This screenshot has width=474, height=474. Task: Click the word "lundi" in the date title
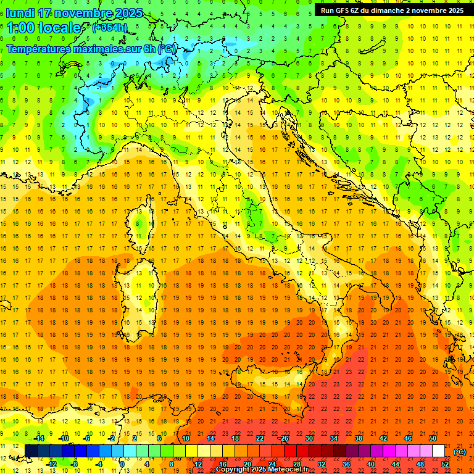click(20, 13)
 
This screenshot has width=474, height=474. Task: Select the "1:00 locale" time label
click(44, 28)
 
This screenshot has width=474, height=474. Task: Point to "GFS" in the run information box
click(347, 10)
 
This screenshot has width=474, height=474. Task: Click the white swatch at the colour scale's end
click(438, 451)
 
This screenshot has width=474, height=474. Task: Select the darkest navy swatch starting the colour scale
click(31, 451)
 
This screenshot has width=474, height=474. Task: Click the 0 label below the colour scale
click(122, 464)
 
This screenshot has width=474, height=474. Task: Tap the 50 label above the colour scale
click(433, 438)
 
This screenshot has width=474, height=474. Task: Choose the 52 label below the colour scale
click(445, 464)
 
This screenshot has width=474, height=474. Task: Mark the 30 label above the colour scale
click(309, 438)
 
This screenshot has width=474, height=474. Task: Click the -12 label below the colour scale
click(51, 464)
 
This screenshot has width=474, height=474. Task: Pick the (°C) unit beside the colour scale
click(460, 452)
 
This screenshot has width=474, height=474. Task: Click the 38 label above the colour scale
click(358, 438)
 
